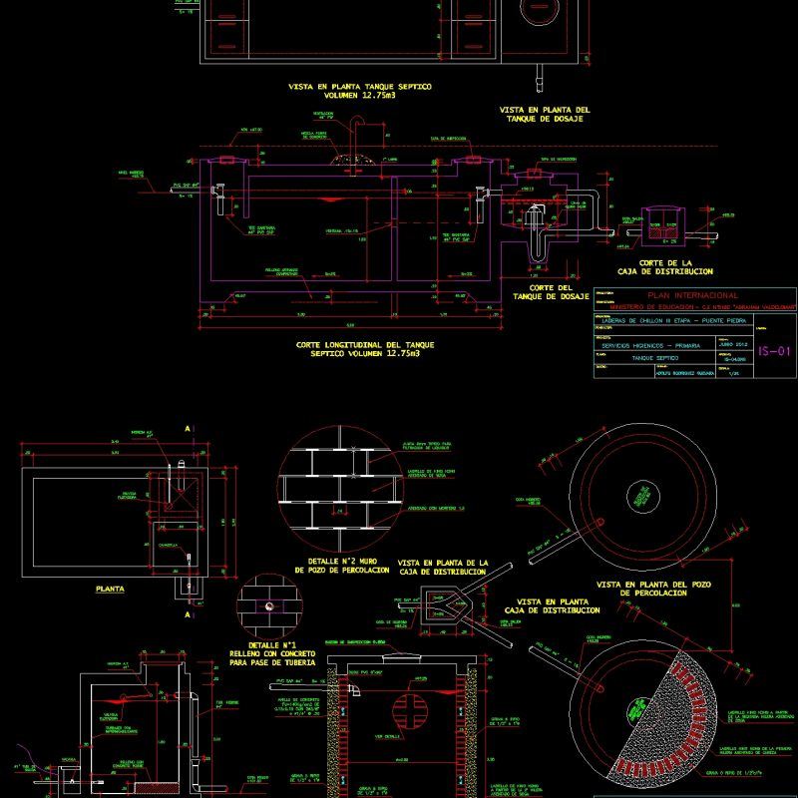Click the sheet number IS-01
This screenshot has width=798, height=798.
pyautogui.click(x=773, y=351)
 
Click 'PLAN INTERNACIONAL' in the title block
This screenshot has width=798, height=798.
pyautogui.click(x=692, y=295)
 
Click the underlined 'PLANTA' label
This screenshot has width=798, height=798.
pyautogui.click(x=110, y=590)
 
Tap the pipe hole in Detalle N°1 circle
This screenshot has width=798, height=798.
pyautogui.click(x=267, y=605)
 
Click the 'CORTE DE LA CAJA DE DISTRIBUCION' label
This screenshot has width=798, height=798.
pyautogui.click(x=665, y=265)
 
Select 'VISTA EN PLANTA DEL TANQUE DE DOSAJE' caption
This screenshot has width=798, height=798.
pyautogui.click(x=545, y=114)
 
